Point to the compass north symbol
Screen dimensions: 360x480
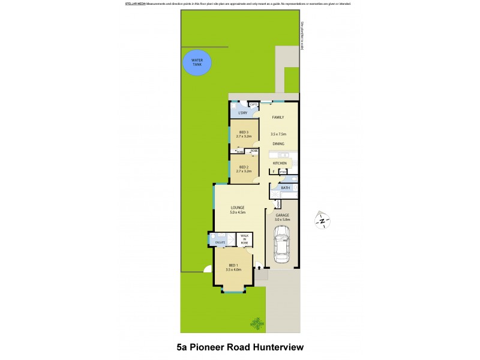[x=322, y=221]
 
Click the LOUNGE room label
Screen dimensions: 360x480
[x=238, y=208]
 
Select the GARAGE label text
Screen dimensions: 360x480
[x=282, y=215]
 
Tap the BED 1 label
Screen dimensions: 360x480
[x=233, y=266]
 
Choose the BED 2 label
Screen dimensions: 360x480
[x=244, y=167]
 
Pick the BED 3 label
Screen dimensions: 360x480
[x=244, y=132]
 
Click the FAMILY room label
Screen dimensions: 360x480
[x=278, y=117]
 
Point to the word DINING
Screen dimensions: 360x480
[x=278, y=144]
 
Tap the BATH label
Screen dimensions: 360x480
[x=286, y=188]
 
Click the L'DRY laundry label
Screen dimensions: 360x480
[x=243, y=113]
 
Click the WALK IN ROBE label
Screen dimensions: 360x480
[x=244, y=239]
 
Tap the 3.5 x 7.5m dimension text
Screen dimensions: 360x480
[x=278, y=134]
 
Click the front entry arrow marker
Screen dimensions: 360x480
[x=259, y=268]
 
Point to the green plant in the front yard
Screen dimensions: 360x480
[x=257, y=323]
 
